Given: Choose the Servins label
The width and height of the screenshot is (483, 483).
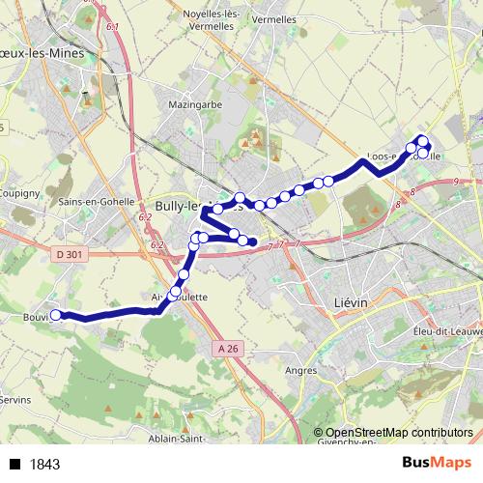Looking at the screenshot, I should point(15,399).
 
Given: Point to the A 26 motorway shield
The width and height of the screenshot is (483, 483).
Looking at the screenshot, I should point(228,348).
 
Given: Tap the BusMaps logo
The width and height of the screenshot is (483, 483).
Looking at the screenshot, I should point(437,463).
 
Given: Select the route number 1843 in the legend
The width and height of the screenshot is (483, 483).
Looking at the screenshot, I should point(44,464).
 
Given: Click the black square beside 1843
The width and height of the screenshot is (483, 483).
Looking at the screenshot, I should point(15,464).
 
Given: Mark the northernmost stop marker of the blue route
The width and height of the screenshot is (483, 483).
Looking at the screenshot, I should point(421,139).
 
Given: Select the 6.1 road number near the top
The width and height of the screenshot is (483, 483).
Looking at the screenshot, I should point(114,27).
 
